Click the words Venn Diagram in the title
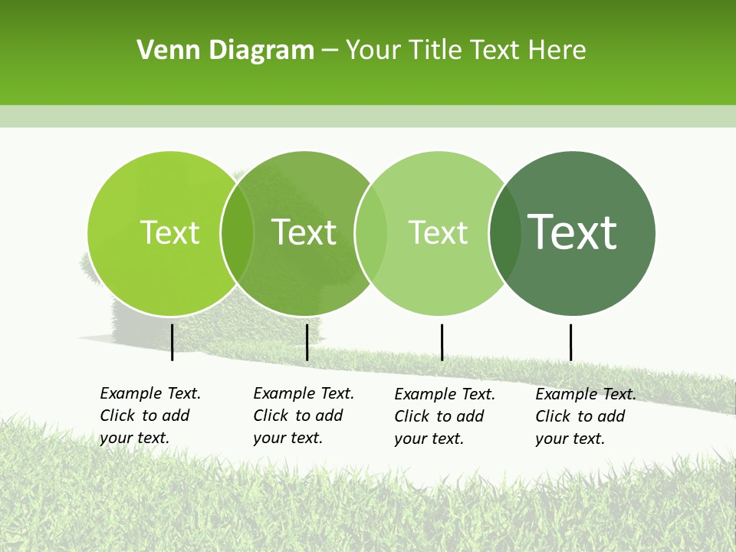pyautogui.click(x=225, y=51)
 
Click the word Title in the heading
pyautogui.click(x=438, y=51)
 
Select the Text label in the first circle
pyautogui.click(x=169, y=232)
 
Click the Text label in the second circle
pyautogui.click(x=304, y=232)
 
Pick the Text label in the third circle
pyautogui.click(x=438, y=232)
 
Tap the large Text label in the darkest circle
pyautogui.click(x=572, y=232)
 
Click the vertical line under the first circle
pyautogui.click(x=172, y=342)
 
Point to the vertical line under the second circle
pyautogui.click(x=307, y=342)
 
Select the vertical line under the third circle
pyautogui.click(x=442, y=342)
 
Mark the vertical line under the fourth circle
pyautogui.click(x=570, y=342)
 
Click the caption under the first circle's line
pyautogui.click(x=150, y=416)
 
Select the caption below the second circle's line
pyautogui.click(x=304, y=416)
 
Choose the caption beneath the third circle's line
pyautogui.click(x=445, y=416)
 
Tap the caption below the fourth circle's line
pyautogui.click(x=586, y=416)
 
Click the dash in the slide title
pyautogui.click(x=330, y=51)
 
